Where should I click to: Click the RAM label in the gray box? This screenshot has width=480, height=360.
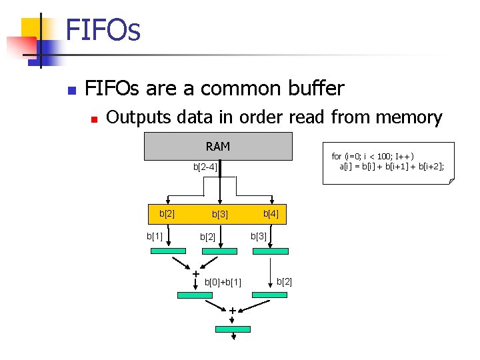point(218,147)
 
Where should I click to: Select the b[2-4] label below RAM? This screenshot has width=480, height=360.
point(205,167)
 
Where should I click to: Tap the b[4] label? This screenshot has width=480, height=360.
point(271,214)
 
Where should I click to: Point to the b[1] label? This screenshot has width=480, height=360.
point(155,235)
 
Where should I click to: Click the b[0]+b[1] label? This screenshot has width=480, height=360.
point(223,282)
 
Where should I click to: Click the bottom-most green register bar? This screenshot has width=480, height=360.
point(233,329)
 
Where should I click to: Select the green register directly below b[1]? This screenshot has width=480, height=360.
point(169,251)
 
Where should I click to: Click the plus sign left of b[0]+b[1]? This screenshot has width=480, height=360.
point(196,274)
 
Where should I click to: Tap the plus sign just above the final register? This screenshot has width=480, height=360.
point(232,311)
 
